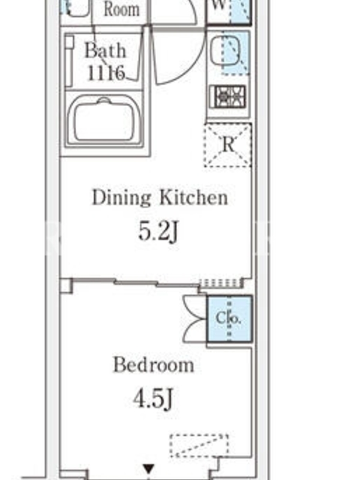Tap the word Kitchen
point(194,198)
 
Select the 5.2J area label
point(158,231)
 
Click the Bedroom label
point(154,365)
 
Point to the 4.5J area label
point(154,398)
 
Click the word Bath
point(106,50)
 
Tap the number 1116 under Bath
point(106,73)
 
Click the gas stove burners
point(228,97)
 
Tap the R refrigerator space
point(228,145)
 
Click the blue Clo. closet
point(229,319)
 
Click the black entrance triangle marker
point(149,469)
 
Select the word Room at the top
point(122,10)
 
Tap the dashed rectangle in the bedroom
point(199,446)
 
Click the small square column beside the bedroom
point(66,286)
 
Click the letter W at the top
point(218,5)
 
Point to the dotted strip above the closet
point(220,283)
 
